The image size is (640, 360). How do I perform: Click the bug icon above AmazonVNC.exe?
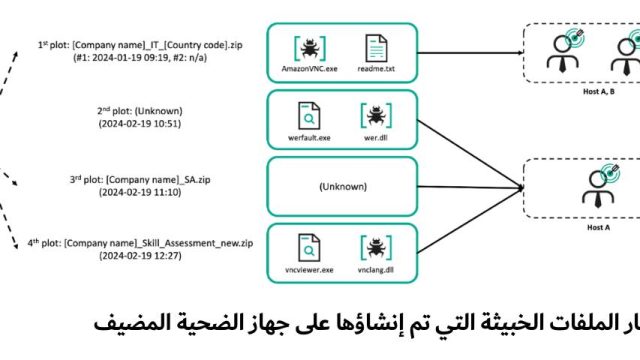click(x=310, y=48)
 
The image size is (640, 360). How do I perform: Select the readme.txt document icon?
click(x=376, y=49)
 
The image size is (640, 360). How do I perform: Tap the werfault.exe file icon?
click(x=309, y=116)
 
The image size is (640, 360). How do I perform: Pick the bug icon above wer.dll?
click(x=376, y=116)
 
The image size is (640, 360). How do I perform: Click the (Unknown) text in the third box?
click(x=343, y=187)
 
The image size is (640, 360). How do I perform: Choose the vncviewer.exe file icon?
click(x=309, y=248)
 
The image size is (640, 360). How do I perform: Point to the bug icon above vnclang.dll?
click(x=376, y=248)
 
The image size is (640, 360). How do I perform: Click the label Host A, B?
click(x=599, y=91)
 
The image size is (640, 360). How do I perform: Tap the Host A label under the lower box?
click(x=598, y=227)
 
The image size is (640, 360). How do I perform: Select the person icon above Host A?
click(x=598, y=187)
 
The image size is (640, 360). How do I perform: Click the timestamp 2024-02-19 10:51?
click(x=140, y=124)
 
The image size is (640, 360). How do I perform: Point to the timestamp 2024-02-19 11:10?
click(x=140, y=192)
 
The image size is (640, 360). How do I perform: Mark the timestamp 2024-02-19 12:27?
click(x=140, y=256)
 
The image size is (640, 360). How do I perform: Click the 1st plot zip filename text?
click(x=157, y=45)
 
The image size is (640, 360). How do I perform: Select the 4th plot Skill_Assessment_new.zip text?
click(x=158, y=243)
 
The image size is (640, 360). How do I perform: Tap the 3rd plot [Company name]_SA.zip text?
click(x=158, y=180)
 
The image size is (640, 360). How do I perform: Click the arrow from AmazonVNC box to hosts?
click(x=470, y=53)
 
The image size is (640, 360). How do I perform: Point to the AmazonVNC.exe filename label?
click(x=309, y=69)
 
